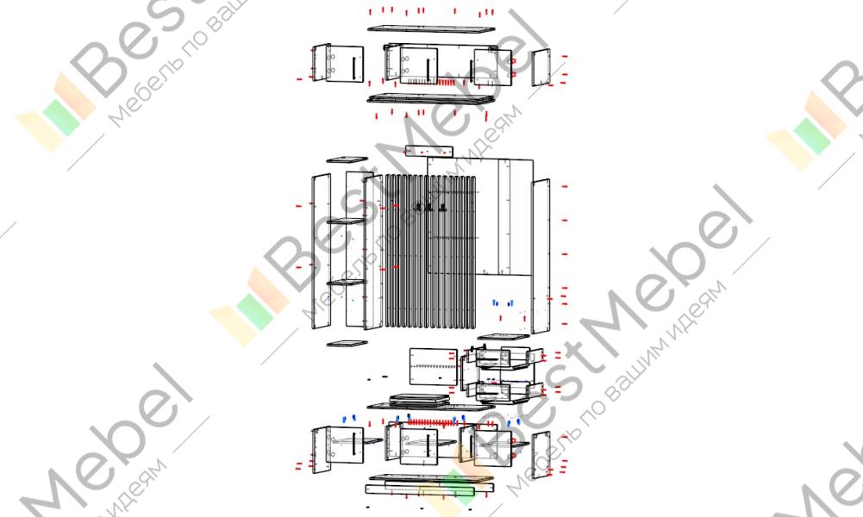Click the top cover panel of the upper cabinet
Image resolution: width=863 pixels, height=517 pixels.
click(x=431, y=28)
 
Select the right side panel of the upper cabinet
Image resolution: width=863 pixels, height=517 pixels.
click(x=541, y=68)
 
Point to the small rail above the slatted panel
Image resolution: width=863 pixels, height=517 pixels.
click(x=428, y=151)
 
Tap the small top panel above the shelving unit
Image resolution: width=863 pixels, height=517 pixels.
click(x=347, y=159)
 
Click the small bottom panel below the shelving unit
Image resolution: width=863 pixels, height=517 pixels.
click(x=347, y=343)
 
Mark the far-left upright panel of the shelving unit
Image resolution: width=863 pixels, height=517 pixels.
click(x=321, y=250)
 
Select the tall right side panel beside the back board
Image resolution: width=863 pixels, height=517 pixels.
click(x=541, y=254)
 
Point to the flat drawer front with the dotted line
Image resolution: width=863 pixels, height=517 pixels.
click(x=432, y=366)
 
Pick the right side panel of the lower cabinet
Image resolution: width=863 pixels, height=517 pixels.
click(x=541, y=452)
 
